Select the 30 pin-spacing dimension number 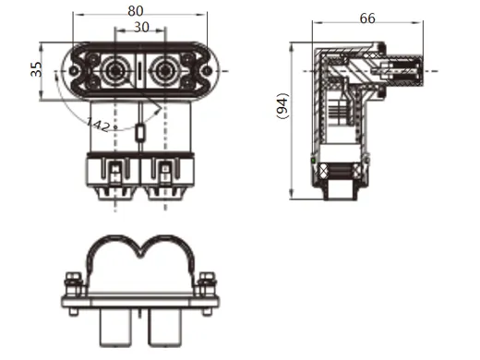[141, 29]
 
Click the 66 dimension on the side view [368, 18]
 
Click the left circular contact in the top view [117, 70]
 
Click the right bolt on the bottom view [206, 282]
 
